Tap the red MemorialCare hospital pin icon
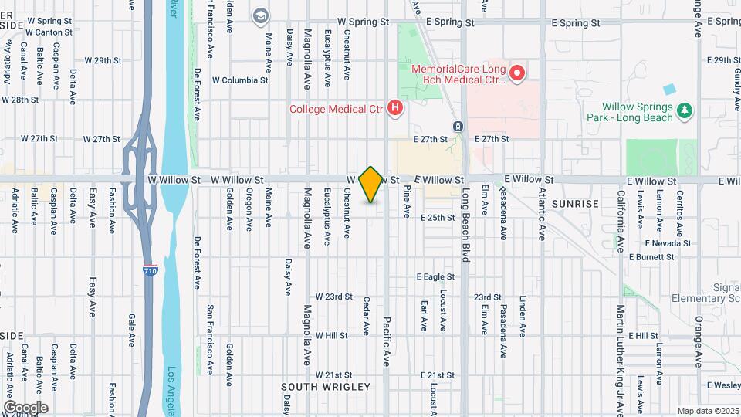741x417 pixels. [x=517, y=74]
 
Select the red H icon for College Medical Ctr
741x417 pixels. [x=395, y=109]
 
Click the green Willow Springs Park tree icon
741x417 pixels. [x=684, y=113]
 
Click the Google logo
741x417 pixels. [x=25, y=407]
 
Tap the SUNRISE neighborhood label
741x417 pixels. [x=575, y=204]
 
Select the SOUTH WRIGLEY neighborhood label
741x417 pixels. [x=316, y=386]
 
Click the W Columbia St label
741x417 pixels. [x=240, y=80]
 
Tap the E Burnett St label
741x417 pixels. [x=652, y=256]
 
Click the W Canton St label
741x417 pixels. [x=49, y=33]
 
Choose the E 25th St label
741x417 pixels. [x=438, y=218]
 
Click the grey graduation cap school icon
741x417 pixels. [x=261, y=15]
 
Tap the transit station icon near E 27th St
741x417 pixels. [x=457, y=126]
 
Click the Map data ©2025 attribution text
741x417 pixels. [x=706, y=411]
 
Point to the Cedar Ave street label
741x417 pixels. [x=367, y=317]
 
